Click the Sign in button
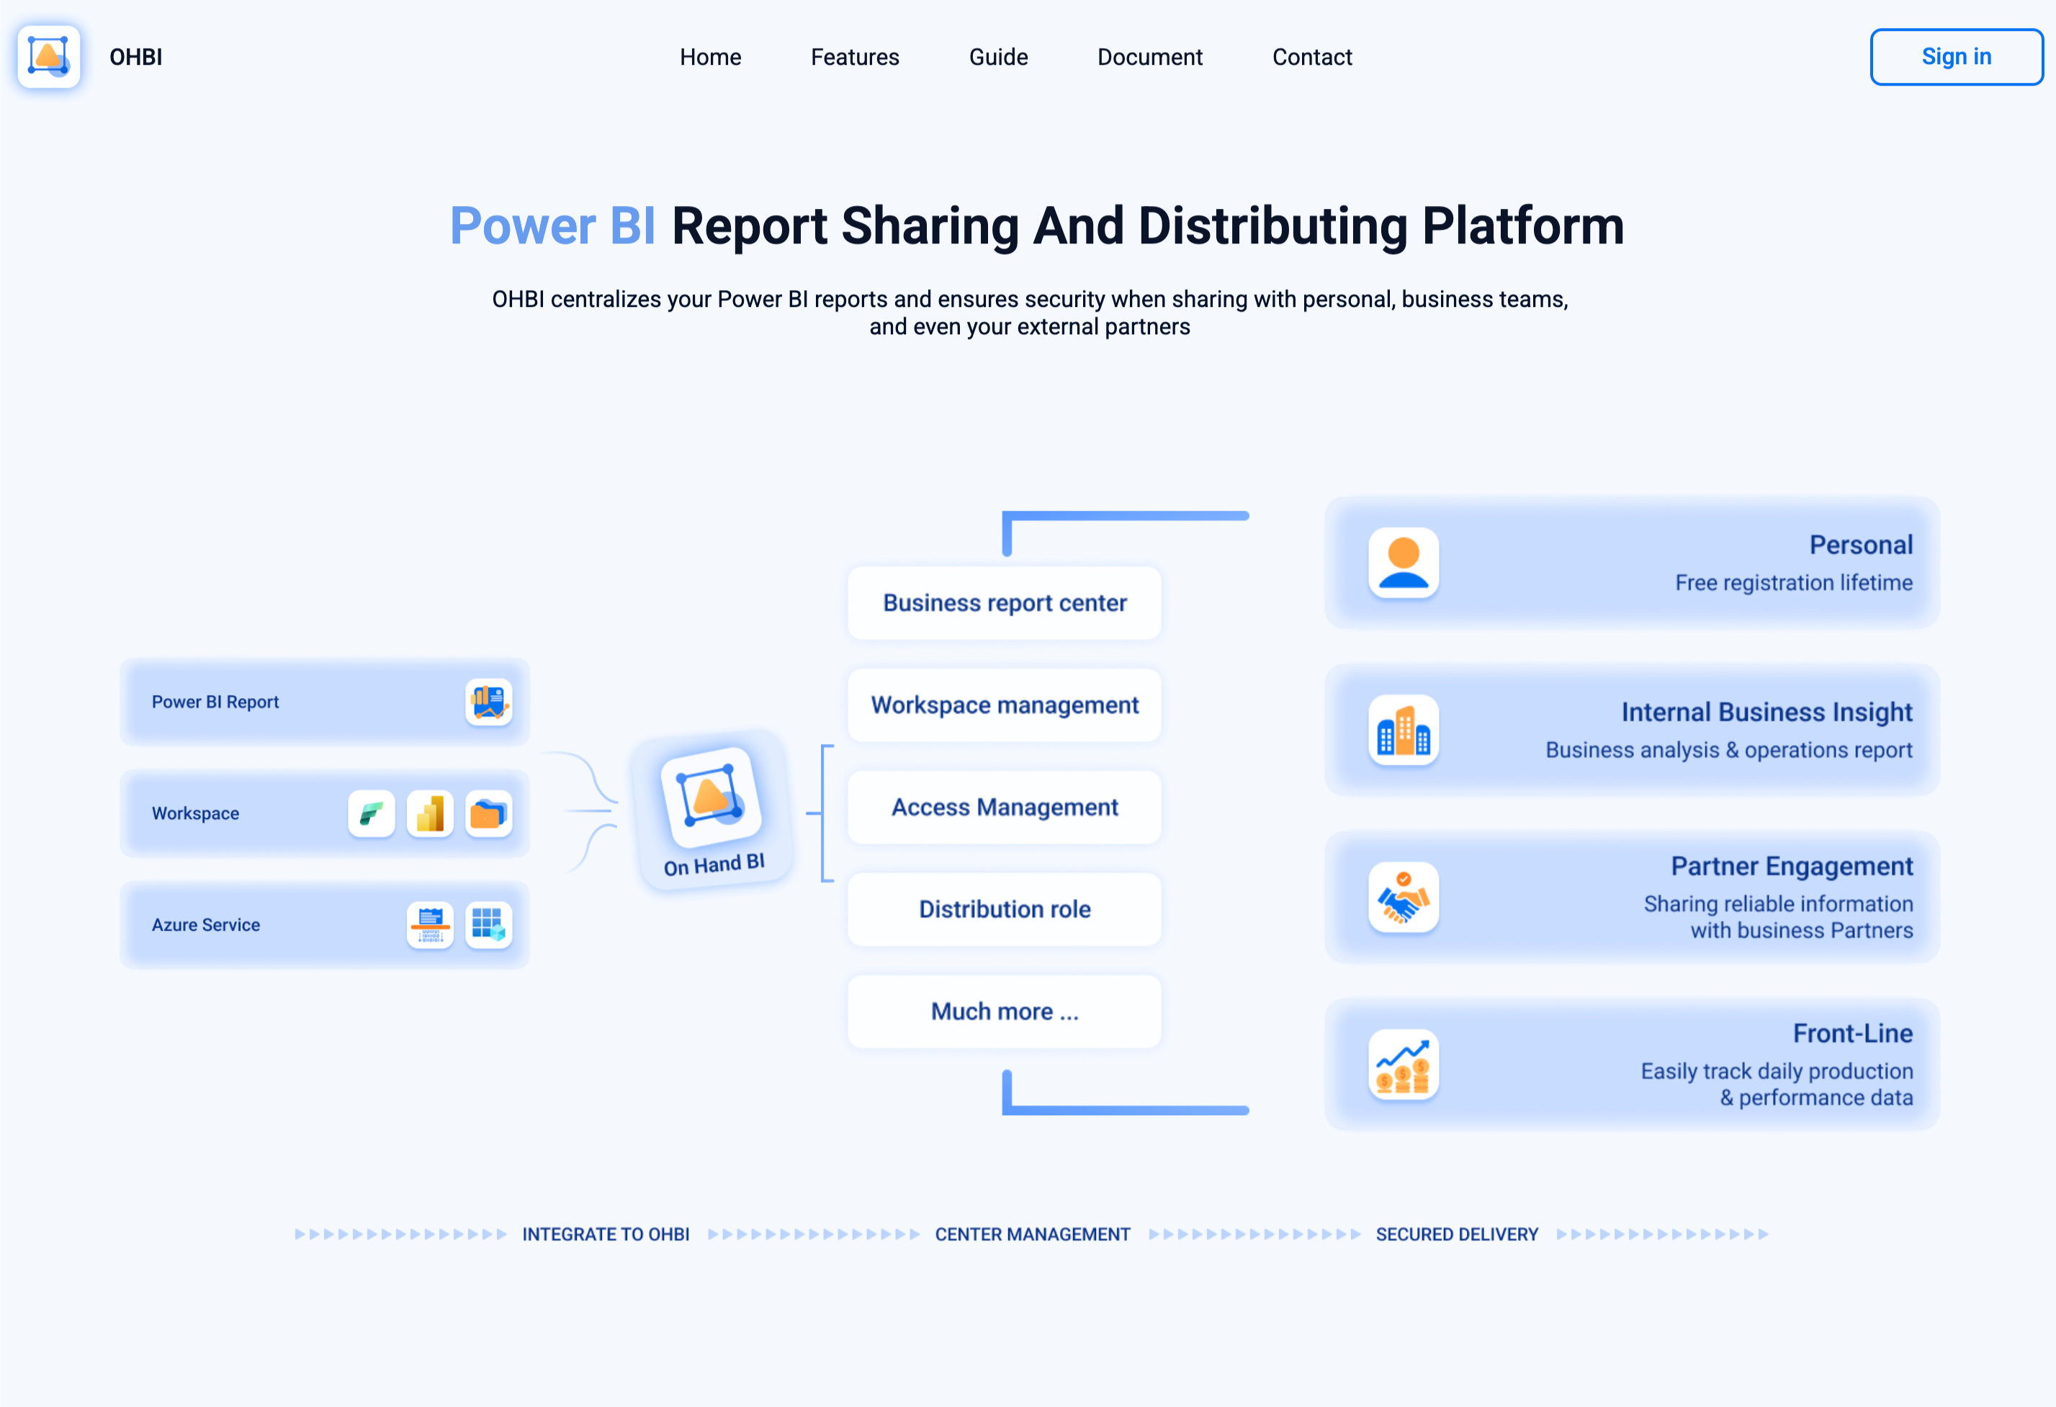[x=1956, y=57]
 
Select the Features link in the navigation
[x=855, y=57]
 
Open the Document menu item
[x=1149, y=57]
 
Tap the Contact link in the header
[x=1312, y=57]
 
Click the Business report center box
[x=1004, y=602]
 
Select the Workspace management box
[x=1004, y=705]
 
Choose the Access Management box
[x=1004, y=807]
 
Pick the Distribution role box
[x=1004, y=908]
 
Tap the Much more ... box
[x=1004, y=1011]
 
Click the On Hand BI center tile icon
[x=711, y=796]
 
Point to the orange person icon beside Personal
[x=1403, y=563]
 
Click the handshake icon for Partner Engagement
[x=1403, y=897]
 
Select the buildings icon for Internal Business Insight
[x=1403, y=730]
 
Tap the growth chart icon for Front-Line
[x=1403, y=1065]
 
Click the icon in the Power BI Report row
[x=488, y=702]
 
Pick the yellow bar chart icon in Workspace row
[x=430, y=813]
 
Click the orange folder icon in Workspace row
[x=488, y=813]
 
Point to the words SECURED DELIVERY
[x=1457, y=1234]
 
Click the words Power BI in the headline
[x=553, y=225]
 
